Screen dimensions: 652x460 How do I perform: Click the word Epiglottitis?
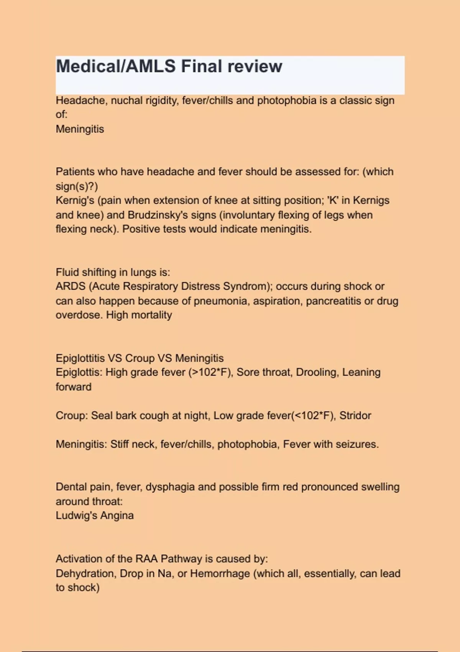pos(80,358)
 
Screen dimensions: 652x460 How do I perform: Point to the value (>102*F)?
pos(210,372)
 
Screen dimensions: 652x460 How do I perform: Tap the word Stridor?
pos(355,416)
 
